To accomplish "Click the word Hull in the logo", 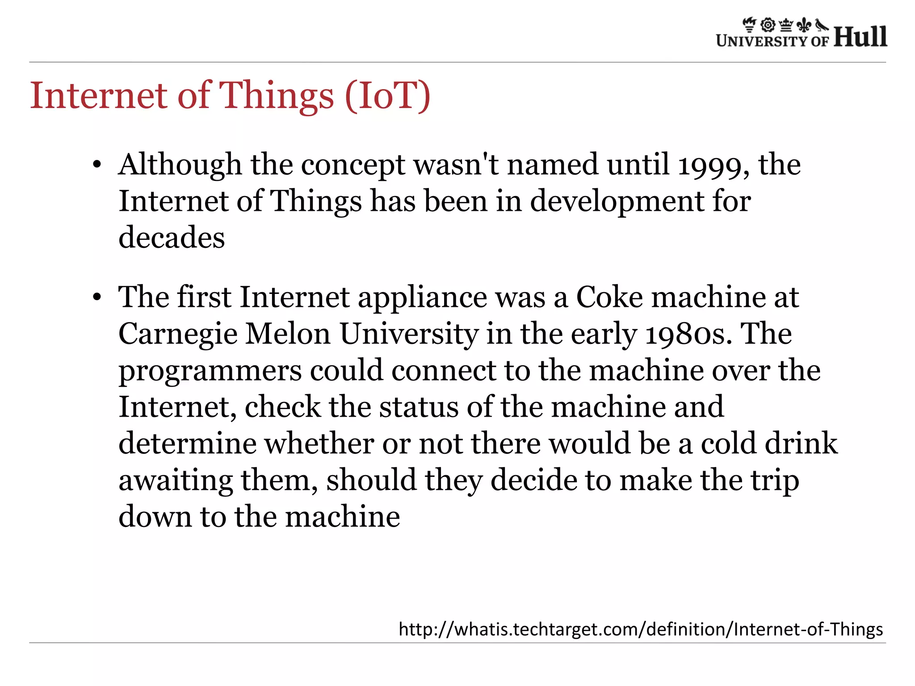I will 860,37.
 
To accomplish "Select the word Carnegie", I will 177,335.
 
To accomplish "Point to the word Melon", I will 288,334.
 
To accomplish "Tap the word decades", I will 172,237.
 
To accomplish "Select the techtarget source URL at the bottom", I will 641,629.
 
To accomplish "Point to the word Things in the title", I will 277,96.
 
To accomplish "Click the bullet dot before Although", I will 97,165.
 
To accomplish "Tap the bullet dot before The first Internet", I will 97,297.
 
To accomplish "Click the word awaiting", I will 176,481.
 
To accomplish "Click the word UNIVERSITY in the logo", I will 762,41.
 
